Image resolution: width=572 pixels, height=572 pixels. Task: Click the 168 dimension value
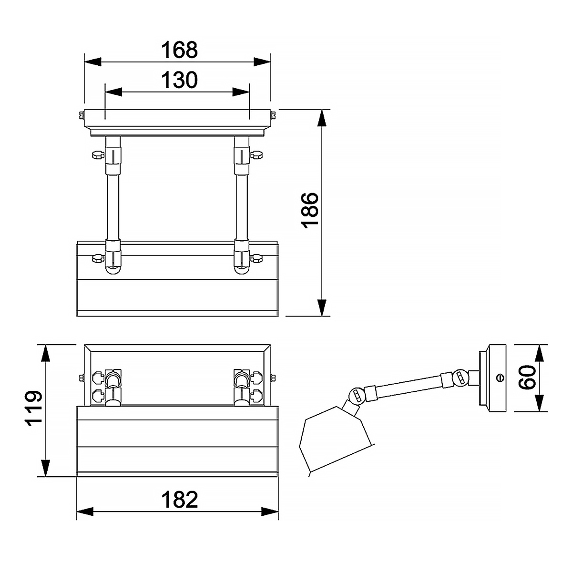point(179,50)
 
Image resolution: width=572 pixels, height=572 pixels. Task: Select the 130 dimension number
point(179,80)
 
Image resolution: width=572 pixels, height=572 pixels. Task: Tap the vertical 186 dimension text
point(310,210)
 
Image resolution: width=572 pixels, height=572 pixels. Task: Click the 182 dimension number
point(180,500)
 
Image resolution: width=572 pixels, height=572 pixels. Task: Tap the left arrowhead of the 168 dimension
point(93,62)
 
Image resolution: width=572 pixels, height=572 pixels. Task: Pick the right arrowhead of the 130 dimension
point(241,92)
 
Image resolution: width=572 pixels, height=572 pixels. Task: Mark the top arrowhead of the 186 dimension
point(322,118)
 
